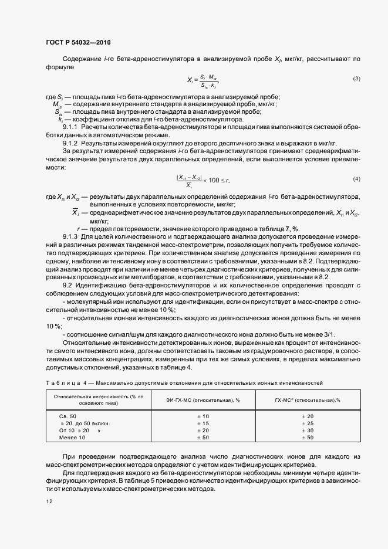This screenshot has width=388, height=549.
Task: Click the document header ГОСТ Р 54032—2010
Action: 77,43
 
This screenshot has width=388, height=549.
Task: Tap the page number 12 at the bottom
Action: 49,501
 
